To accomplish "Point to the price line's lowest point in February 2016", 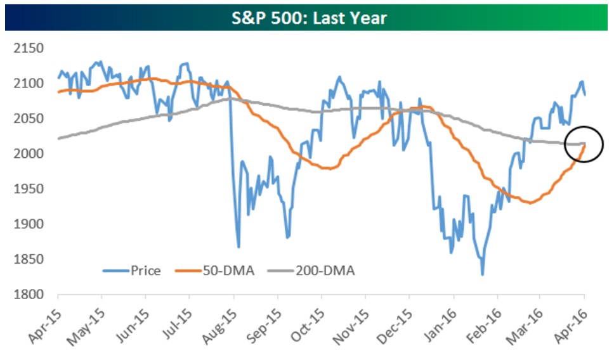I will [x=482, y=274].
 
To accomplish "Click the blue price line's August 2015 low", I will [x=238, y=247].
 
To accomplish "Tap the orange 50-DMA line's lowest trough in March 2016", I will [x=530, y=203].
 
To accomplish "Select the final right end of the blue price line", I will [x=585, y=94].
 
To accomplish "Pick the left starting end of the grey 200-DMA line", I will [x=58, y=138].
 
